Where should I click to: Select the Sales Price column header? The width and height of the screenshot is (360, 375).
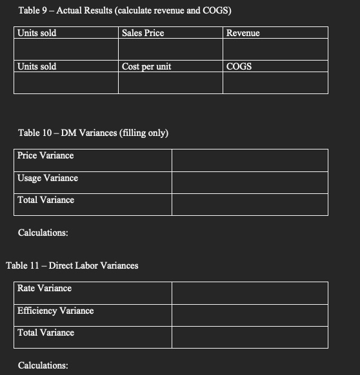pyautogui.click(x=143, y=33)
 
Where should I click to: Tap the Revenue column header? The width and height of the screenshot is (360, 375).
pyautogui.click(x=243, y=33)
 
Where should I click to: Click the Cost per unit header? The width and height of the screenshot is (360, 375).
pyautogui.click(x=146, y=66)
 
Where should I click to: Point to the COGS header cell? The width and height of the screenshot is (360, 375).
pyautogui.click(x=239, y=66)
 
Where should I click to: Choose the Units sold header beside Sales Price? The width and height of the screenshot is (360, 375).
pyautogui.click(x=37, y=33)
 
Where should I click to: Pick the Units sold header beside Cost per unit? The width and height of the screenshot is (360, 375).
pyautogui.click(x=37, y=66)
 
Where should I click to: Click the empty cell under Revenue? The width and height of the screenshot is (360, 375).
pyautogui.click(x=275, y=49)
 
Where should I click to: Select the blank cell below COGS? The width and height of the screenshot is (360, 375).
pyautogui.click(x=275, y=82)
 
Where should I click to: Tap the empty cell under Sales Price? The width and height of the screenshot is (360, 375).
pyautogui.click(x=170, y=49)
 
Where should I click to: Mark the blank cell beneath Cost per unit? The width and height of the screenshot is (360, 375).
pyautogui.click(x=170, y=82)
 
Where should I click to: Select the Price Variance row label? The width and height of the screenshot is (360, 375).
pyautogui.click(x=45, y=155)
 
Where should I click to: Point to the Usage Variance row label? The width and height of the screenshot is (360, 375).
pyautogui.click(x=48, y=178)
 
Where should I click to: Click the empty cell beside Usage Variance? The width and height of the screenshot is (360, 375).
pyautogui.click(x=249, y=182)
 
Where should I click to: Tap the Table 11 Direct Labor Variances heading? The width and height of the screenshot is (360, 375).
pyautogui.click(x=72, y=265)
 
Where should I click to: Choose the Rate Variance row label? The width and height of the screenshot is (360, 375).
pyautogui.click(x=45, y=288)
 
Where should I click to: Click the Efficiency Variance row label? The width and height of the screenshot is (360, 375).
pyautogui.click(x=55, y=311)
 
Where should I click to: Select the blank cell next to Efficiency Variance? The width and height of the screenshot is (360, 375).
pyautogui.click(x=249, y=315)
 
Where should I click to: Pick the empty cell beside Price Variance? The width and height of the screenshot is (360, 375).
pyautogui.click(x=249, y=160)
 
